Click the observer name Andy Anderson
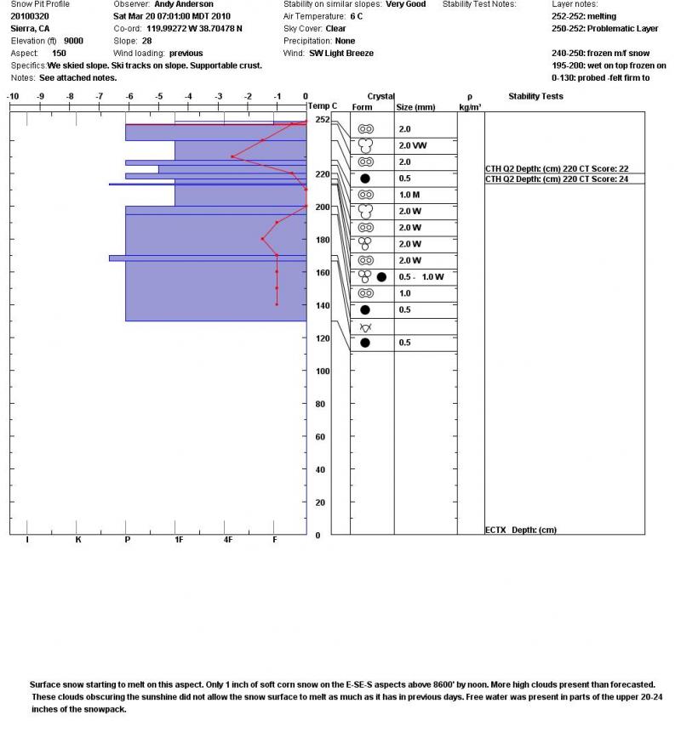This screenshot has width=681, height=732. tap(184, 4)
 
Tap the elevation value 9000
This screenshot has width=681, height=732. tap(73, 40)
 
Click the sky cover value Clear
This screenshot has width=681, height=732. tap(335, 28)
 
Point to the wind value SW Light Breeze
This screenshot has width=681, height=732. tap(341, 53)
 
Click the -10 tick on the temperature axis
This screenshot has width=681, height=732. tap(13, 96)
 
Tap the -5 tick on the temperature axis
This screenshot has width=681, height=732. tap(159, 96)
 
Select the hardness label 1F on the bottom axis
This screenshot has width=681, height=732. tap(178, 539)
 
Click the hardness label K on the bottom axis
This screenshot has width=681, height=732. tap(78, 539)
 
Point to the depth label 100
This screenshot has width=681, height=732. tap(323, 372)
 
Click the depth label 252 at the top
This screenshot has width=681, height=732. tap(322, 120)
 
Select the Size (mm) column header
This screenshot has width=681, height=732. tap(416, 108)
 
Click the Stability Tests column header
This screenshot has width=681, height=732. tap(535, 96)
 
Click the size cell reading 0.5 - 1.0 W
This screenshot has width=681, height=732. tap(421, 277)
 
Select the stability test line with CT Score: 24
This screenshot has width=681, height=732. tap(557, 179)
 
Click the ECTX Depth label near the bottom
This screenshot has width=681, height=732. tap(520, 530)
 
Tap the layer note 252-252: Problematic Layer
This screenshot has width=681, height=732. tap(604, 28)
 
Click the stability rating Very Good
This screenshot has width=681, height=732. tap(405, 4)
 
